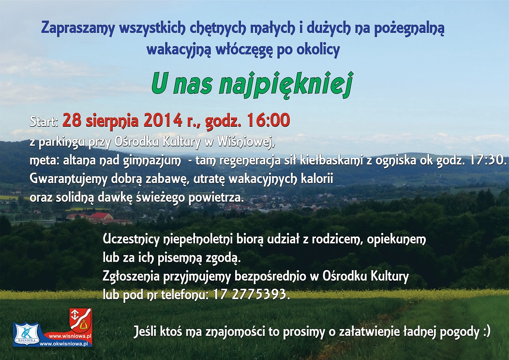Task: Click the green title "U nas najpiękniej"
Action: [x=252, y=84]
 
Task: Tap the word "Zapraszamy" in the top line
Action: [x=78, y=29]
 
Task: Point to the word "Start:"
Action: [x=44, y=121]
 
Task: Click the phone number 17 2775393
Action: [x=250, y=294]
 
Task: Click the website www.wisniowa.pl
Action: [x=70, y=336]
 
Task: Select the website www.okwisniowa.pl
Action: [x=66, y=344]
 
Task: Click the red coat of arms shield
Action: [x=80, y=320]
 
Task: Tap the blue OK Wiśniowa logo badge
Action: [x=27, y=334]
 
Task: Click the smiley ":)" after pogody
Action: [x=486, y=332]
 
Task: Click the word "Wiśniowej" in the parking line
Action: [x=246, y=142]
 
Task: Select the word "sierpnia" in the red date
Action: [x=112, y=121]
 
